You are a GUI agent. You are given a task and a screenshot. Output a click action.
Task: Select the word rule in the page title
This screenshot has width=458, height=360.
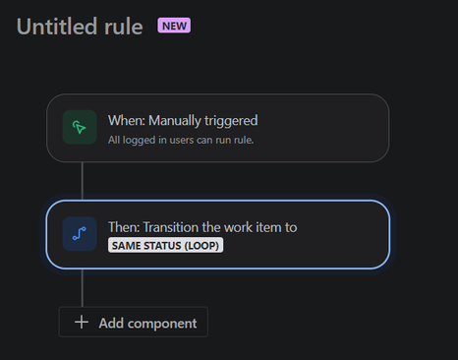(121, 26)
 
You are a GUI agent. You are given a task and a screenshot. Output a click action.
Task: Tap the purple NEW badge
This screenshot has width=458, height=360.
(174, 25)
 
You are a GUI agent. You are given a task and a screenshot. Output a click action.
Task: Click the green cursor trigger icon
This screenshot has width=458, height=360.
(80, 128)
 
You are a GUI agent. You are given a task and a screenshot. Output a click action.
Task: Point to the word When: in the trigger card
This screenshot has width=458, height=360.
(125, 120)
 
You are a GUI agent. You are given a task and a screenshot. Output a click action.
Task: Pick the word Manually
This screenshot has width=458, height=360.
(177, 120)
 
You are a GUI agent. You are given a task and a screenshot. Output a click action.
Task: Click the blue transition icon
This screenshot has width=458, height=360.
(80, 234)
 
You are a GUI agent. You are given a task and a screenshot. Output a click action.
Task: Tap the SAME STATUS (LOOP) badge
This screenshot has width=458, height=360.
(165, 245)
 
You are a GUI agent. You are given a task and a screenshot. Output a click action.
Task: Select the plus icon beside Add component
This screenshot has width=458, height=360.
(82, 323)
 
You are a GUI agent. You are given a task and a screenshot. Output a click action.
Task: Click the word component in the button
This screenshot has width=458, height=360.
(163, 323)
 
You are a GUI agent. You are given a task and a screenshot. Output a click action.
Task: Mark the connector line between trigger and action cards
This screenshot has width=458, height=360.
(83, 181)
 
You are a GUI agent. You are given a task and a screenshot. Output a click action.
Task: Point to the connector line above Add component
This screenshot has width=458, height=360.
(83, 288)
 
